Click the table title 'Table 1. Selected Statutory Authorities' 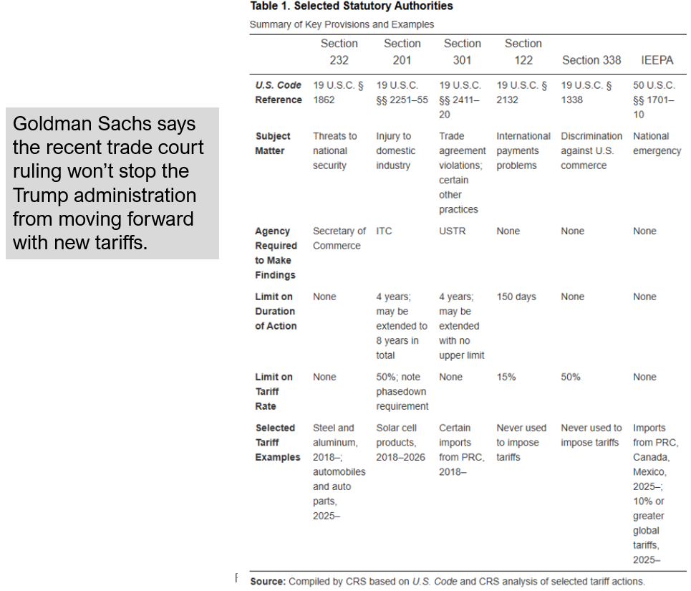[351, 6]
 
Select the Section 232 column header [339, 52]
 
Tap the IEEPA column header [657, 60]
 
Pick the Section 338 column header [591, 60]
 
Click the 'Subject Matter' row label [273, 143]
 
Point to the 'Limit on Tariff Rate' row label [274, 391]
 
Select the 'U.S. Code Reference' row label [279, 92]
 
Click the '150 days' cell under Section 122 [516, 297]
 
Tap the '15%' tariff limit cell [506, 377]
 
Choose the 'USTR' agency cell [450, 231]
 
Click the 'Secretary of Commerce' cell [339, 239]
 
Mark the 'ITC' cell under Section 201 [384, 231]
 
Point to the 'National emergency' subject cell [657, 143]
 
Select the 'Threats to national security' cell [334, 150]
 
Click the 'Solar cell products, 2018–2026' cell [400, 443]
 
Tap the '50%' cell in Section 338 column [570, 377]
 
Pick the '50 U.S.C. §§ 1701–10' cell [654, 100]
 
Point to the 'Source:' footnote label [267, 581]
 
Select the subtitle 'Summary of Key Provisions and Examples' [342, 24]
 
